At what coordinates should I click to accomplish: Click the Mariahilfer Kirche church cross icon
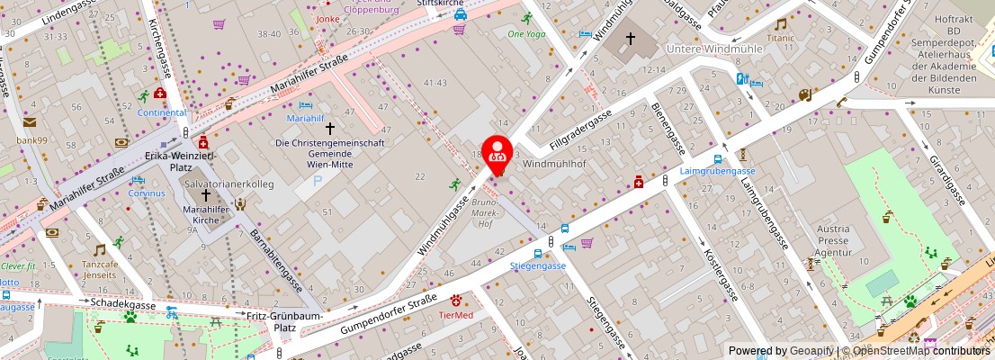pyautogui.click(x=206, y=194)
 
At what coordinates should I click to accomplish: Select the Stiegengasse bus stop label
pyautogui.click(x=537, y=265)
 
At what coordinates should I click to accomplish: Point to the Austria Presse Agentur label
pyautogui.click(x=833, y=241)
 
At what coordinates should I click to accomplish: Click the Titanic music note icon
pyautogui.click(x=781, y=24)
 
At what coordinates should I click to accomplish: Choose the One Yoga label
pyautogui.click(x=526, y=34)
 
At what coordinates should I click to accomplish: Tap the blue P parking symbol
pyautogui.click(x=316, y=180)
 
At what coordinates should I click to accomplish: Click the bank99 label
pyautogui.click(x=31, y=139)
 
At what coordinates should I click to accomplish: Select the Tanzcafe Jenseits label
pyautogui.click(x=100, y=269)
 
